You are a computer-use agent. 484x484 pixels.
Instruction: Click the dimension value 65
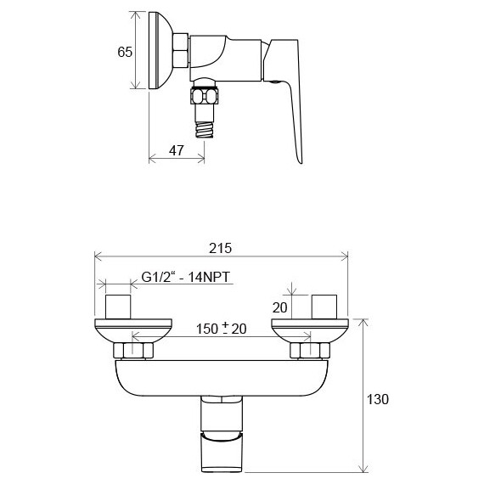pyautogui.click(x=125, y=52)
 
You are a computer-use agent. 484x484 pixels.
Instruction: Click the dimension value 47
pyautogui.click(x=176, y=150)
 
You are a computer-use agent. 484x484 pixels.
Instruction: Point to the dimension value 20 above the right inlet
pyautogui.click(x=281, y=307)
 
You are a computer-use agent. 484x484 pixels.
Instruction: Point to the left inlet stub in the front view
pyautogui.click(x=118, y=307)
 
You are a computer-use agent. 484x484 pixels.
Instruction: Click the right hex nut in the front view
pyautogui.click(x=304, y=349)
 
